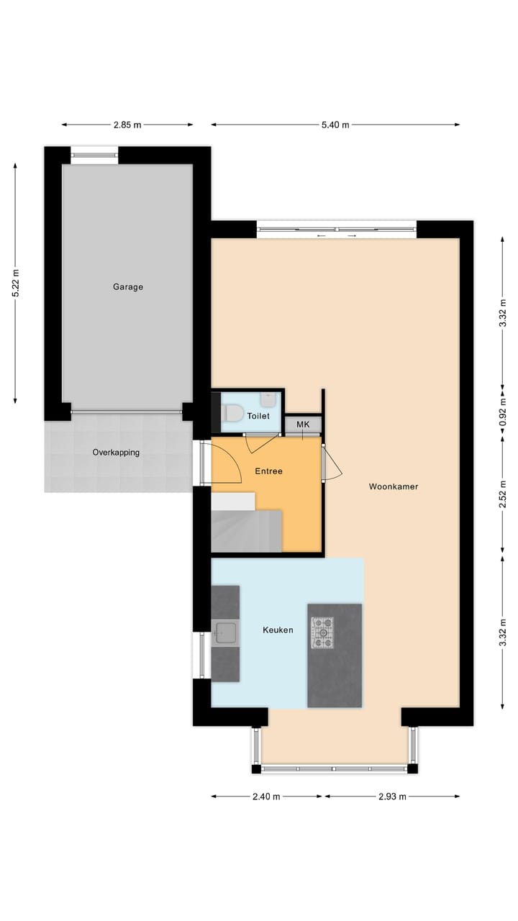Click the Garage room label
(x=127, y=286)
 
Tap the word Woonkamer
(x=393, y=486)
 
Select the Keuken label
(x=278, y=630)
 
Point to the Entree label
(x=268, y=471)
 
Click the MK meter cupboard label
(x=303, y=425)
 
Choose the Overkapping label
(x=116, y=453)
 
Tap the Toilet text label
(x=258, y=416)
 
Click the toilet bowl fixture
(x=232, y=414)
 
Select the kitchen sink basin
(x=225, y=633)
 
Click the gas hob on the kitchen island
(x=322, y=632)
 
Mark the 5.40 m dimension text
(x=335, y=124)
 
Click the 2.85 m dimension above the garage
(x=127, y=124)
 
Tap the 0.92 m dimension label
(x=503, y=413)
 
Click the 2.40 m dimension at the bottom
(x=266, y=797)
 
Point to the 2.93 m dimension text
(x=392, y=797)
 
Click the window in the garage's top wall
(x=94, y=153)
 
